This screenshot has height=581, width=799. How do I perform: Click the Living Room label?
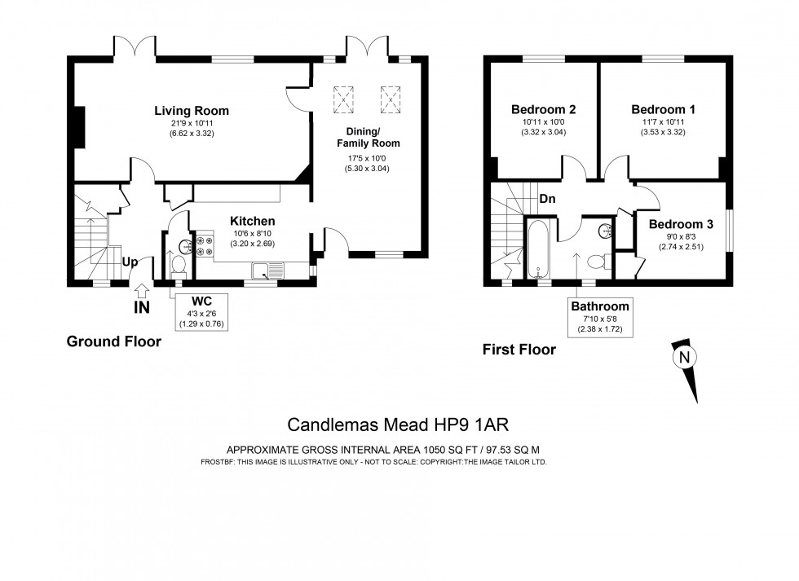[x=192, y=111]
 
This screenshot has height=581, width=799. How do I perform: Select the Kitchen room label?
[x=252, y=221]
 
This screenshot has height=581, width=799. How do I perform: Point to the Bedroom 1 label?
[x=663, y=109]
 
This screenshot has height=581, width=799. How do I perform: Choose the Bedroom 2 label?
[x=544, y=109]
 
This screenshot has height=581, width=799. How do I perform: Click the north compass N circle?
[x=682, y=356]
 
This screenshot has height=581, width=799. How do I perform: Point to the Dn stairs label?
[x=548, y=198]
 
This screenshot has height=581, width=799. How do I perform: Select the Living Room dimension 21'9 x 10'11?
[x=192, y=124]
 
